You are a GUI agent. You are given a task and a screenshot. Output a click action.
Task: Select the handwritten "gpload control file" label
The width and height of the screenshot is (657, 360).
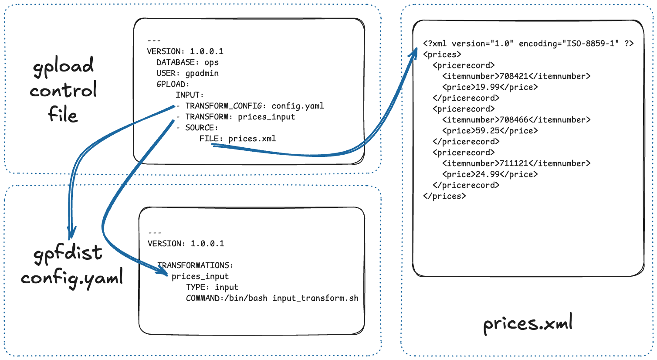pyautogui.click(x=63, y=89)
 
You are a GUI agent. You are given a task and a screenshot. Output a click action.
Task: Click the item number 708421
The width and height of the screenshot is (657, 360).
pyautogui.click(x=514, y=76)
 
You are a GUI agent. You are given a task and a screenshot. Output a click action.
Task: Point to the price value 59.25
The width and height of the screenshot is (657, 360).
pyautogui.click(x=487, y=131)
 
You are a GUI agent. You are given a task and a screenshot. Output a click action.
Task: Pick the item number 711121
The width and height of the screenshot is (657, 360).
pyautogui.click(x=514, y=163)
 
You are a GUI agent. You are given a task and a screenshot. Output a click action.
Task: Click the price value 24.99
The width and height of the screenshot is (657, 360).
pyautogui.click(x=487, y=174)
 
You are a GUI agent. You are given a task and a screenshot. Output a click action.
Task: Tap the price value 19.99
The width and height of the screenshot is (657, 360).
pyautogui.click(x=487, y=87)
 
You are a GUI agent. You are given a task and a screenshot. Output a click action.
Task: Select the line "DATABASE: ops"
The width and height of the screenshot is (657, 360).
pyautogui.click(x=187, y=62)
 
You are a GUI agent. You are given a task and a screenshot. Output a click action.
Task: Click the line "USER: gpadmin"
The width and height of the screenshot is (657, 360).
pyautogui.click(x=187, y=73)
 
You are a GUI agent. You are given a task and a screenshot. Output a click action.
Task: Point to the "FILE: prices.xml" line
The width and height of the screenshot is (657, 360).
pyautogui.click(x=237, y=139)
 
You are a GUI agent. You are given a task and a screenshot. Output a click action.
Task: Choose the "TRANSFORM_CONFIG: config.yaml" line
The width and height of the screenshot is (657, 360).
pyautogui.click(x=254, y=106)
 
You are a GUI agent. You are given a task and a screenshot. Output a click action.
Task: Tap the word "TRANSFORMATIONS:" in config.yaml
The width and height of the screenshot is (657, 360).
pyautogui.click(x=195, y=265)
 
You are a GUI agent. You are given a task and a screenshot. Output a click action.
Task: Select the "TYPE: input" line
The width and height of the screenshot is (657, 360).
pyautogui.click(x=212, y=287)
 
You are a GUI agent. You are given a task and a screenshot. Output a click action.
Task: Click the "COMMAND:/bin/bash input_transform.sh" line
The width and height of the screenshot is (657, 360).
pyautogui.click(x=272, y=298)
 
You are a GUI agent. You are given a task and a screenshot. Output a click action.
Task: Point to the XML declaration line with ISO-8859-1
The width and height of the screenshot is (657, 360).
pyautogui.click(x=528, y=44)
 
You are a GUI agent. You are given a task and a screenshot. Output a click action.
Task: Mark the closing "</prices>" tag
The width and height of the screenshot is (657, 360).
pyautogui.click(x=444, y=196)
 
